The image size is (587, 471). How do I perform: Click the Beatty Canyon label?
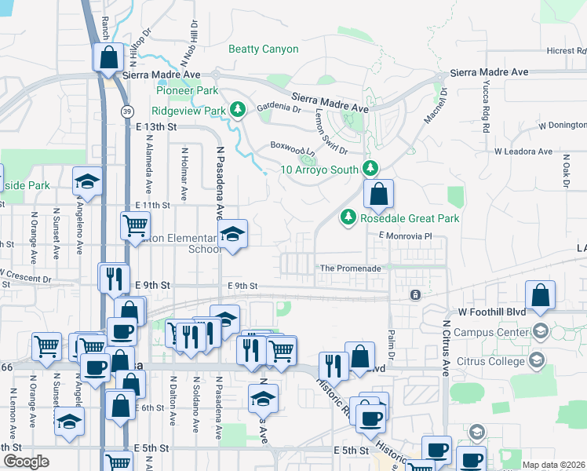(263, 49)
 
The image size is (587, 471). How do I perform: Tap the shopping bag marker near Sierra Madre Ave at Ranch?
(108, 58)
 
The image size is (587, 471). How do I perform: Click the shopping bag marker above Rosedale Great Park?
(378, 195)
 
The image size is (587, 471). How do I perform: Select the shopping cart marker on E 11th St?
(135, 226)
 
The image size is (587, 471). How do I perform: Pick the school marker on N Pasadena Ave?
(232, 235)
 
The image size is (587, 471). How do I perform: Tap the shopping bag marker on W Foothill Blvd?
(540, 296)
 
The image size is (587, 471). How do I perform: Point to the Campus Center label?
(490, 332)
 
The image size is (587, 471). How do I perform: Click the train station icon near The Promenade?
(415, 295)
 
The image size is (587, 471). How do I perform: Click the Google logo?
(26, 462)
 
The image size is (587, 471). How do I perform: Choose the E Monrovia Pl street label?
(405, 235)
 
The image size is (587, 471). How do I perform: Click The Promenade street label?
(349, 268)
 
